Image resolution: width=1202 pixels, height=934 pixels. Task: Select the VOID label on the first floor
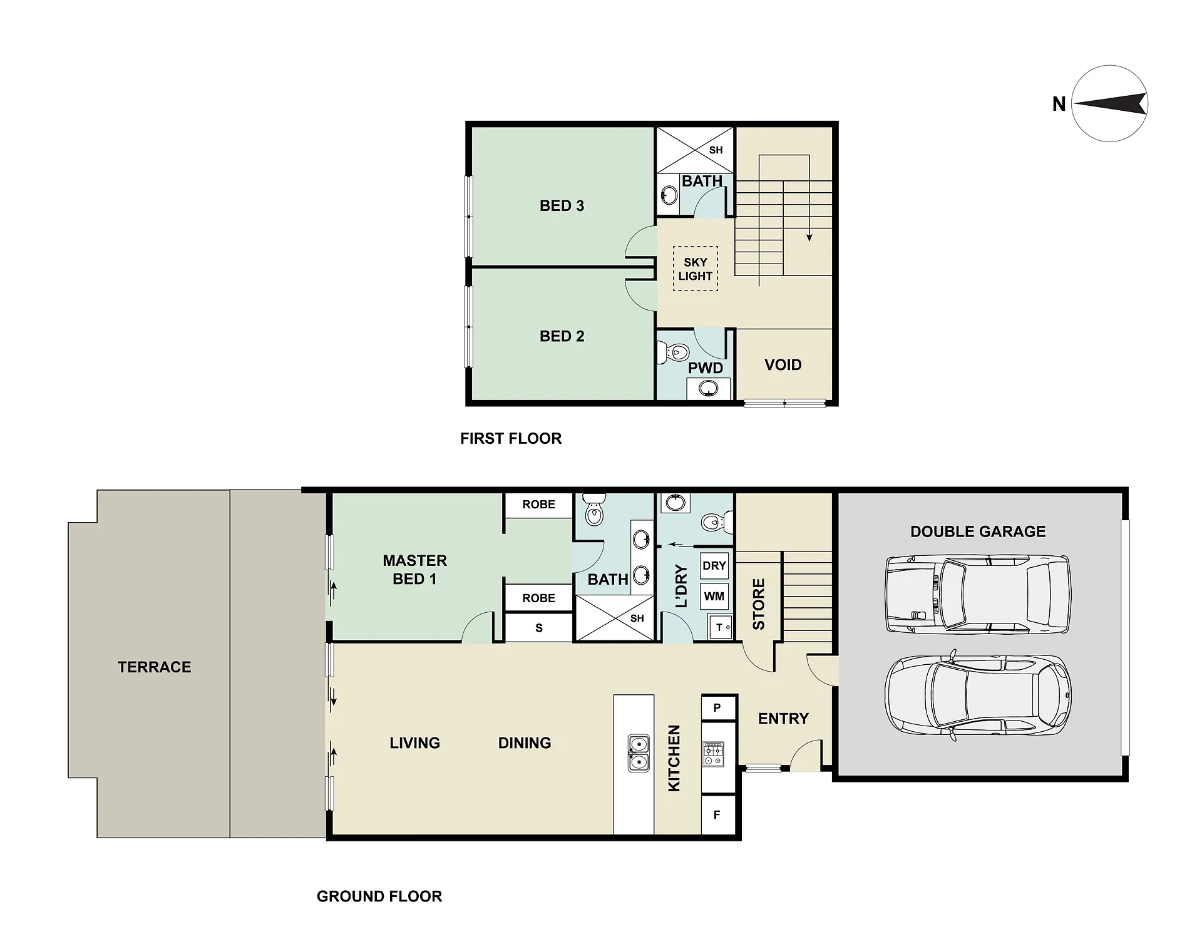tap(783, 365)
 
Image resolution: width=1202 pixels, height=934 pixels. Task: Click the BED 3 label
tap(562, 205)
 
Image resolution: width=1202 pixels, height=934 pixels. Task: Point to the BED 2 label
tap(562, 336)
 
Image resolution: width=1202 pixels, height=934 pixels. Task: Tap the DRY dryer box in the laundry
tap(714, 566)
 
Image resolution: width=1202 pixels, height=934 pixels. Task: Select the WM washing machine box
tap(714, 596)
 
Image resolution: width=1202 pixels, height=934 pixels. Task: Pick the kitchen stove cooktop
tap(712, 754)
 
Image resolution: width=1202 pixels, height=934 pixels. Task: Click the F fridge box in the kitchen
tap(717, 814)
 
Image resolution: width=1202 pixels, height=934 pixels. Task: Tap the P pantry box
tap(717, 707)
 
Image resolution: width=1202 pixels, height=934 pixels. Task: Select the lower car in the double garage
tap(978, 695)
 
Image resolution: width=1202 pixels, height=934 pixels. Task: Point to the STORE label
tap(759, 604)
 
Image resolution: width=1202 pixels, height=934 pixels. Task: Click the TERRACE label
tap(155, 667)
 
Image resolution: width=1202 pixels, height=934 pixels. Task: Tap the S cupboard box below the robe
tap(539, 628)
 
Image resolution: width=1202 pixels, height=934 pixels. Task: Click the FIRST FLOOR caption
tap(511, 438)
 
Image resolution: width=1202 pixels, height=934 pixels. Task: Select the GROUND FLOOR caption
tap(379, 896)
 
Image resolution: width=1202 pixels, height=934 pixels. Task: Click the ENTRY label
tap(783, 719)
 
